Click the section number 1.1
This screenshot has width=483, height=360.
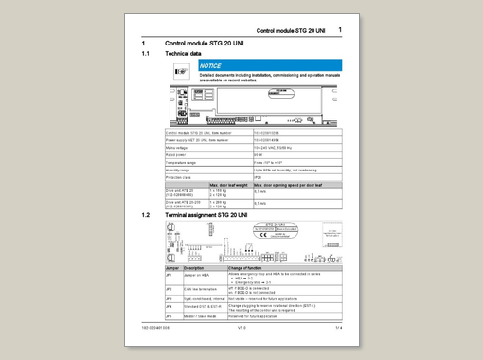[145, 54]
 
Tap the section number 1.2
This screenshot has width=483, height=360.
[145, 216]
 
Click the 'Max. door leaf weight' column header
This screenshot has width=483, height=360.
[227, 183]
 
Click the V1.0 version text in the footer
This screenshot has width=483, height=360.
[242, 327]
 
